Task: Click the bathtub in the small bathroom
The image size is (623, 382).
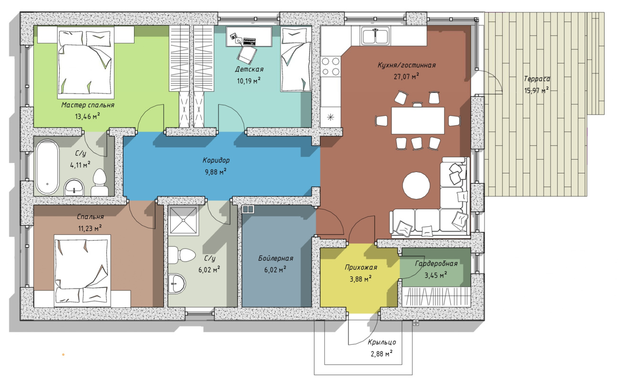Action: point(47,167)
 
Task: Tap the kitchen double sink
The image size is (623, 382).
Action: point(375,36)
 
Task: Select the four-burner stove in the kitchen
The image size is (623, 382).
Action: point(331,67)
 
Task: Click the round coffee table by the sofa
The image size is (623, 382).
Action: point(416,185)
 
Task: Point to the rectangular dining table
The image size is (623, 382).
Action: point(417,121)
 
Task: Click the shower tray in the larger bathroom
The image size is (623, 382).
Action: point(184,221)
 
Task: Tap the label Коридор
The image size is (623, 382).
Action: point(216,160)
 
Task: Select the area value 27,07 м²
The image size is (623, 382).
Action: point(406,76)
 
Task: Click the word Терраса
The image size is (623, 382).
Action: point(537,79)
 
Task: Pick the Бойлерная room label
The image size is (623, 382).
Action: point(276,258)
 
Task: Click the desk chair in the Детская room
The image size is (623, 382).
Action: point(247,55)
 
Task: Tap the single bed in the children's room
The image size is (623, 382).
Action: point(296,59)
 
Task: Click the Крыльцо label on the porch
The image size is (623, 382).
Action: point(382,342)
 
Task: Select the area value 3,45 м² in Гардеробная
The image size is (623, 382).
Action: point(436,275)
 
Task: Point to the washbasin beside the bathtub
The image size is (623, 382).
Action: point(74,187)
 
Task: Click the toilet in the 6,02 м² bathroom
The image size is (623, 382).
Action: point(182,255)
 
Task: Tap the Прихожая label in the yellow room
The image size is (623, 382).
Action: point(361,267)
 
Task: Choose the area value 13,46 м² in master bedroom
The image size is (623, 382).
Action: point(87,116)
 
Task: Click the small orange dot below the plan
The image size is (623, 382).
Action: point(63,354)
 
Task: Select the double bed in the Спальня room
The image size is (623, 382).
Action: point(83,271)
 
